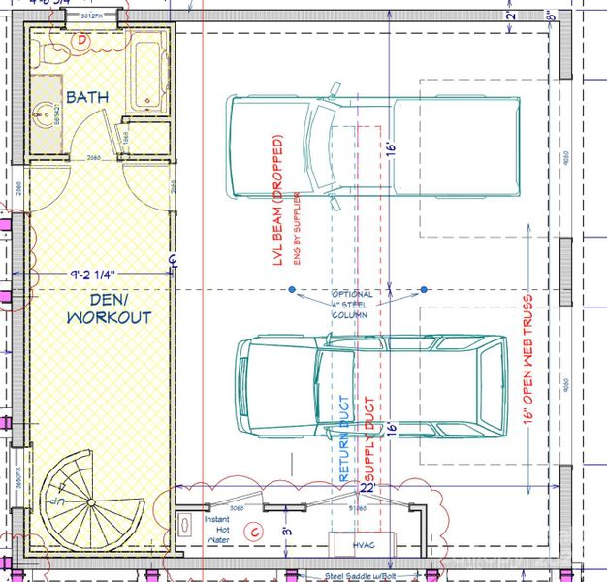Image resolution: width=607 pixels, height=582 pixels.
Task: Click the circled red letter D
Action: click(x=82, y=40)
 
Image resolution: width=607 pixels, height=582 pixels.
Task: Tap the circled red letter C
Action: click(x=255, y=531)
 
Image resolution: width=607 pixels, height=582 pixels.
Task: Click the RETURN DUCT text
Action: click(x=343, y=438)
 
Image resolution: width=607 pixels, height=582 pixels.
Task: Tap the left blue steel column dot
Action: click(x=291, y=289)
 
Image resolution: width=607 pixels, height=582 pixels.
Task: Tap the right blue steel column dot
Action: click(x=425, y=289)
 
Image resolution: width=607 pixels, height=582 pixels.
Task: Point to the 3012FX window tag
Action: click(x=93, y=16)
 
